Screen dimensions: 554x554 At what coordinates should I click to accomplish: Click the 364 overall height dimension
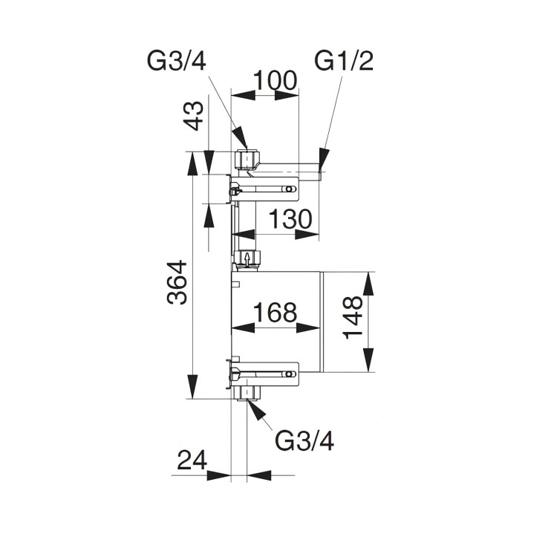click(177, 282)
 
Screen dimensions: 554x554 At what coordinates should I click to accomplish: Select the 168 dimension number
click(275, 312)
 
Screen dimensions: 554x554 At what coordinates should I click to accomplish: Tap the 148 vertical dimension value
click(353, 317)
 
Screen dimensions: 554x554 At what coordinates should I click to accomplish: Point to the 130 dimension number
click(290, 220)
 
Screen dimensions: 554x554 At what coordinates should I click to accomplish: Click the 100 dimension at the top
click(275, 79)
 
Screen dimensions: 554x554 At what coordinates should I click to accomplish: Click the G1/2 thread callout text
click(343, 61)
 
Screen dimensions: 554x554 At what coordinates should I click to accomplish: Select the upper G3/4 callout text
click(178, 61)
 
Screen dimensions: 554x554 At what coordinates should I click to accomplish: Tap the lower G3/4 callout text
click(304, 441)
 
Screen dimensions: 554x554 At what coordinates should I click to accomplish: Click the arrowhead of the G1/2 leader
click(323, 157)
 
